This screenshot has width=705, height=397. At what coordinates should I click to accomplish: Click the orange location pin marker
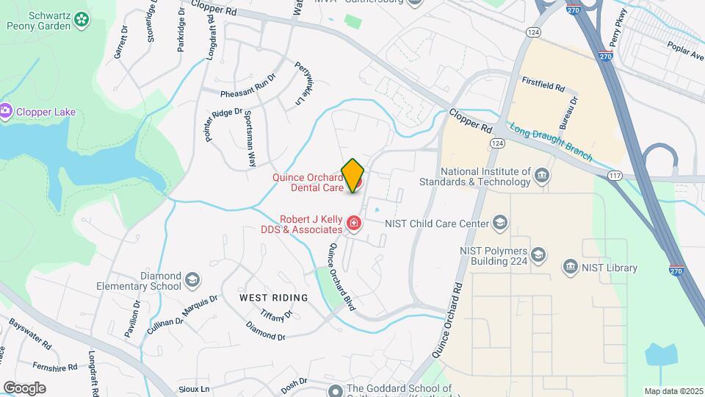[353, 174]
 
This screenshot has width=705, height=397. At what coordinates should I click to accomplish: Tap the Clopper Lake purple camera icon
[7, 112]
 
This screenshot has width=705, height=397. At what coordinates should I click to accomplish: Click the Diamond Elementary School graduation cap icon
[192, 279]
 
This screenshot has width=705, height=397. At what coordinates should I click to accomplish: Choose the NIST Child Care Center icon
[500, 222]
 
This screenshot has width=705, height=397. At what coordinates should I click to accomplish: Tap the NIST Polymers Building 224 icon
[538, 254]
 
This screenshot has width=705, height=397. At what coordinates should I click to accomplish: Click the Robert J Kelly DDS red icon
[354, 222]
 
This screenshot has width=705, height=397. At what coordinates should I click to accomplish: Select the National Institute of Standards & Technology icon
[542, 175]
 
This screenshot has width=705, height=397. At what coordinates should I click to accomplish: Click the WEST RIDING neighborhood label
[273, 297]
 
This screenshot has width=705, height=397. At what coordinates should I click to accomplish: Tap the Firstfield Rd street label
[543, 87]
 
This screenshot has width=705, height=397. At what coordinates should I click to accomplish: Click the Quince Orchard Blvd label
[341, 276]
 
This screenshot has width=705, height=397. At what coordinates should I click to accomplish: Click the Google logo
[24, 387]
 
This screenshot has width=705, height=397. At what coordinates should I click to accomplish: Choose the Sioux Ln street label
[194, 388]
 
